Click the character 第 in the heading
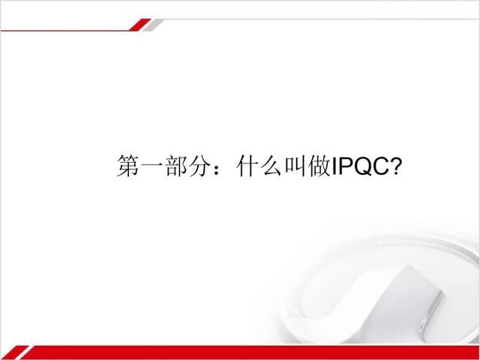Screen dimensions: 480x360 127,166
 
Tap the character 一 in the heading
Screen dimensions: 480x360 151,166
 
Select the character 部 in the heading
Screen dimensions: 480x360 175,166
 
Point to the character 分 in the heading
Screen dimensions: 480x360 200,166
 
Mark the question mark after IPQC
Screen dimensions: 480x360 397,166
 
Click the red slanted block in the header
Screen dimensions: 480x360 140,25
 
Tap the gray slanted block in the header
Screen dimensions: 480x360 153,25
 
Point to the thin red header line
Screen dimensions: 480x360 65,31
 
